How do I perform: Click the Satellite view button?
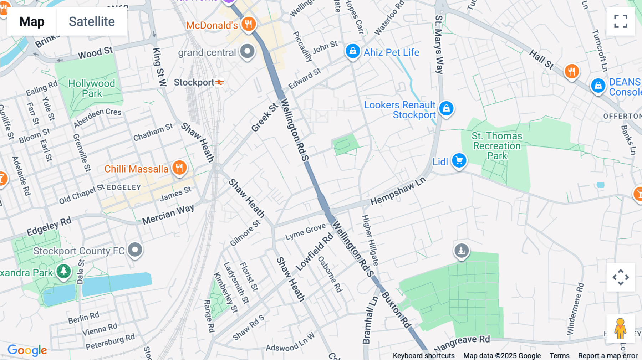(x=92, y=22)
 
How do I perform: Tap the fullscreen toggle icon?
(x=621, y=21)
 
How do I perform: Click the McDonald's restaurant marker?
(x=249, y=25)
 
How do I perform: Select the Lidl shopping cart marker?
(x=459, y=160)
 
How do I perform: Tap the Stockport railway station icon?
(x=220, y=82)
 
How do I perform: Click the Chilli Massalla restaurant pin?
(x=179, y=168)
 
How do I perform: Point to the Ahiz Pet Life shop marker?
(x=352, y=51)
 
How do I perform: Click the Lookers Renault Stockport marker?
(x=446, y=108)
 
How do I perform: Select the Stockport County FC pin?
(x=135, y=250)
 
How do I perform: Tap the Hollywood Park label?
(x=92, y=88)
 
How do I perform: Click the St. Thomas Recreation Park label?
(x=497, y=146)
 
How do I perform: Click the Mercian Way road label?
(x=168, y=214)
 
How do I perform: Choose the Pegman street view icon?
(x=620, y=328)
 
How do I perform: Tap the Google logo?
(x=27, y=350)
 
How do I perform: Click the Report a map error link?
(x=607, y=356)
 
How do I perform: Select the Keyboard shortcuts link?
(x=423, y=356)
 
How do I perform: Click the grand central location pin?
(x=247, y=51)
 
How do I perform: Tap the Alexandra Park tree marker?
(x=64, y=271)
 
